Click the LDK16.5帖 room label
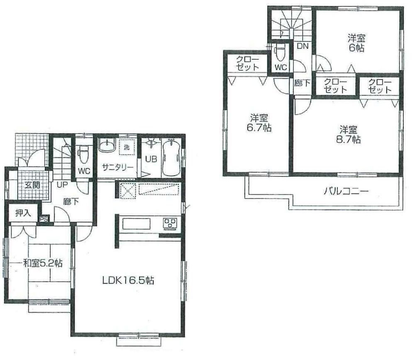tap(128, 280)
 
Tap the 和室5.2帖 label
tap(43, 263)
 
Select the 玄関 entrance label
tap(32, 185)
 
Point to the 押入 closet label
tap(23, 213)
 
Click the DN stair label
tap(302, 46)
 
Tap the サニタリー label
tap(117, 167)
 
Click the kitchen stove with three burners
tap(170, 223)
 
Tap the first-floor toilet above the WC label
tap(83, 153)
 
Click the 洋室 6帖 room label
tap(356, 42)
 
